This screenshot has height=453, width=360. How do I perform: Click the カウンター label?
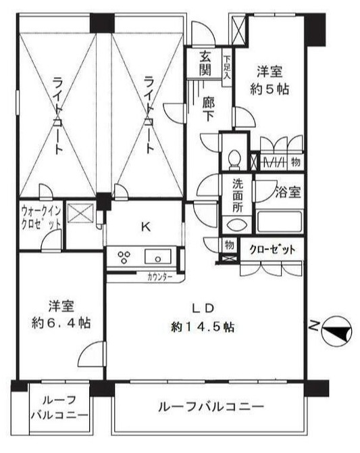tap(159, 277)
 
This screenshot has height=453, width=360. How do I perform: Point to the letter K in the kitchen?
tap(145, 227)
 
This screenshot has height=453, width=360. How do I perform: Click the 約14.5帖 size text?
tap(203, 327)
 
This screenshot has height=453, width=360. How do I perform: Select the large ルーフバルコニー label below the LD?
tap(210, 408)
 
